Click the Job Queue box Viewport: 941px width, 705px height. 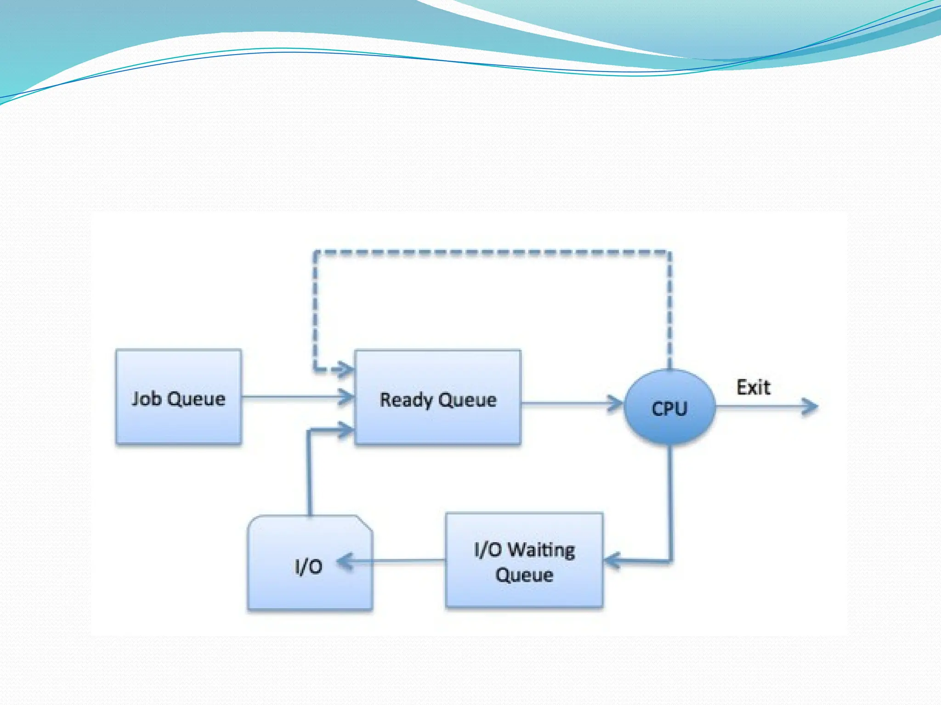pyautogui.click(x=178, y=397)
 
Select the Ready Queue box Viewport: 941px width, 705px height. pyautogui.click(x=437, y=397)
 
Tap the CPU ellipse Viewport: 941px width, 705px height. pyautogui.click(x=669, y=407)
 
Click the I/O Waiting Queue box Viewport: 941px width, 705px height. pyautogui.click(x=524, y=561)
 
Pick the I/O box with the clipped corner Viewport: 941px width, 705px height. pyautogui.click(x=310, y=564)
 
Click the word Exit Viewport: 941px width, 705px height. pyautogui.click(x=753, y=387)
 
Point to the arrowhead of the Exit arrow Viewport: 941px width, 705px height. pyautogui.click(x=811, y=407)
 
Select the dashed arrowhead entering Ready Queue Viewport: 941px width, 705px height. pyautogui.click(x=345, y=369)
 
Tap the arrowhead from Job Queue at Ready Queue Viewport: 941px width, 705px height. pyautogui.click(x=346, y=397)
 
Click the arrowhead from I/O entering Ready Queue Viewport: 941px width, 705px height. pyautogui.click(x=346, y=430)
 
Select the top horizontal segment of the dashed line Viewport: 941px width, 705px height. pyautogui.click(x=492, y=252)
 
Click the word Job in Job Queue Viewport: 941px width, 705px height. pyautogui.click(x=146, y=398)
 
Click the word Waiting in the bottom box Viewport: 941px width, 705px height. pyautogui.click(x=542, y=549)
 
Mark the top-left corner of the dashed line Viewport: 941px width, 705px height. pyautogui.click(x=315, y=252)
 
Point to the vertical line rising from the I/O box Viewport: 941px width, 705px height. pyautogui.click(x=310, y=473)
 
